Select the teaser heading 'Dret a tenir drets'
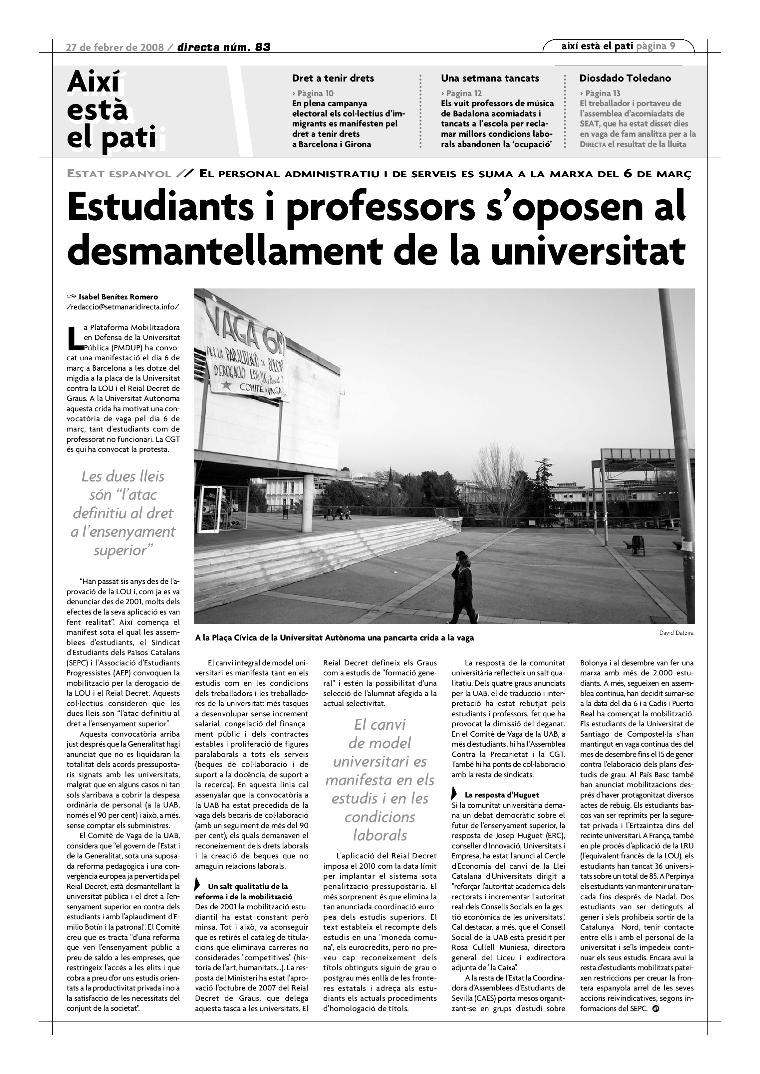click(333, 78)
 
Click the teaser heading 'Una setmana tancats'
click(489, 78)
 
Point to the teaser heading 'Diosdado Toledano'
click(625, 78)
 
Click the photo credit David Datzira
click(676, 633)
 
